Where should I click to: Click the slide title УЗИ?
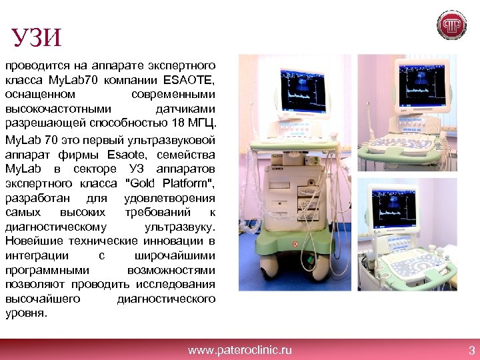(37, 37)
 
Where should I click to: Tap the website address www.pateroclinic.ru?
(240, 349)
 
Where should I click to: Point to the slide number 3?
(471, 349)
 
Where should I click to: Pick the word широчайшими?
(180, 255)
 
